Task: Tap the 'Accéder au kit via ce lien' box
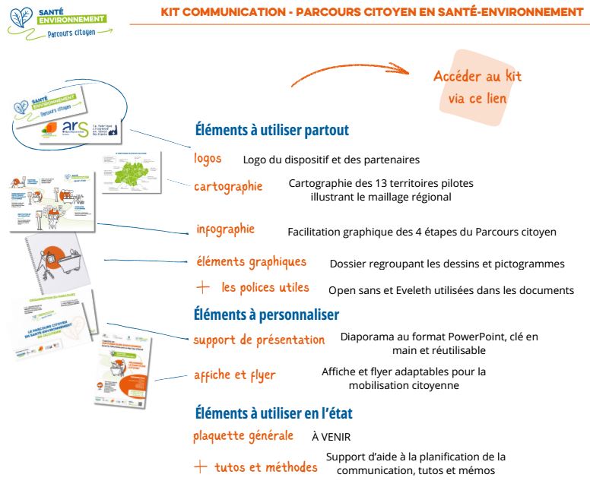[x=477, y=87]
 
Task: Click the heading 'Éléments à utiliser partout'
[x=271, y=130]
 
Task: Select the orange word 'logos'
[x=208, y=158]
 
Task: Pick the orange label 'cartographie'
[x=228, y=186]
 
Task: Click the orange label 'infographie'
[x=225, y=229]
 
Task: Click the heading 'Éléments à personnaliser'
[x=266, y=314]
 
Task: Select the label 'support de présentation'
[x=259, y=340]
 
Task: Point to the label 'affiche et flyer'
[x=234, y=375]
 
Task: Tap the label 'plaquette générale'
[x=243, y=436]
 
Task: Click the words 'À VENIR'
[x=331, y=438]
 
